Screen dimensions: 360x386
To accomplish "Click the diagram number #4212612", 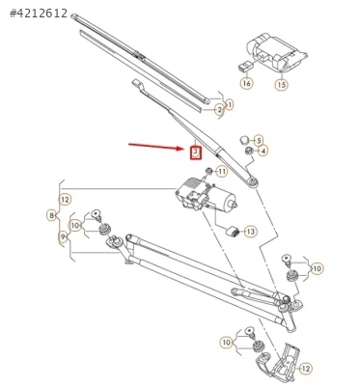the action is [x=39, y=14].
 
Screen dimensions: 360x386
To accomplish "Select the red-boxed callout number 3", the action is [x=196, y=152].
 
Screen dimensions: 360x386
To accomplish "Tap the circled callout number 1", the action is [x=229, y=105].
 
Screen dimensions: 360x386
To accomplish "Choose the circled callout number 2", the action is [x=220, y=110].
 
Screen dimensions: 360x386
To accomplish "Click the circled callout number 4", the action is [x=263, y=151].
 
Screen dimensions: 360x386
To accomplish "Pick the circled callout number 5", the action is [x=259, y=140].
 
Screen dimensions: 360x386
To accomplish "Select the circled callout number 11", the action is [x=222, y=172].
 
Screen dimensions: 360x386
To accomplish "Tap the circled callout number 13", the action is [x=251, y=232].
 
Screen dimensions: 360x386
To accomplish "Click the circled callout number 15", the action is [x=282, y=85].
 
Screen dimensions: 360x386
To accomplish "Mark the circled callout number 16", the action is [x=247, y=83].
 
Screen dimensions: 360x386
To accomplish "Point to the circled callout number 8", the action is [x=52, y=215].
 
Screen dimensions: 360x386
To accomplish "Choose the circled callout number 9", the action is [x=63, y=237].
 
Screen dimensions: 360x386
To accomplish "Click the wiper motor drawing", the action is [x=205, y=195].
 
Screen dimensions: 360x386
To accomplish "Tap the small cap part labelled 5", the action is [x=245, y=140].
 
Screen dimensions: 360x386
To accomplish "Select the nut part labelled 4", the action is [x=248, y=151].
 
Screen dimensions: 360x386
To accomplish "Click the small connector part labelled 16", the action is [x=245, y=66].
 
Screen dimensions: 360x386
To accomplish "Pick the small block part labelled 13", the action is [x=233, y=231].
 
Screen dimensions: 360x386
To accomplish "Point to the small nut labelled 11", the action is [x=209, y=171].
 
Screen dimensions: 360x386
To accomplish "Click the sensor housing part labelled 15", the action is [x=276, y=51].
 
